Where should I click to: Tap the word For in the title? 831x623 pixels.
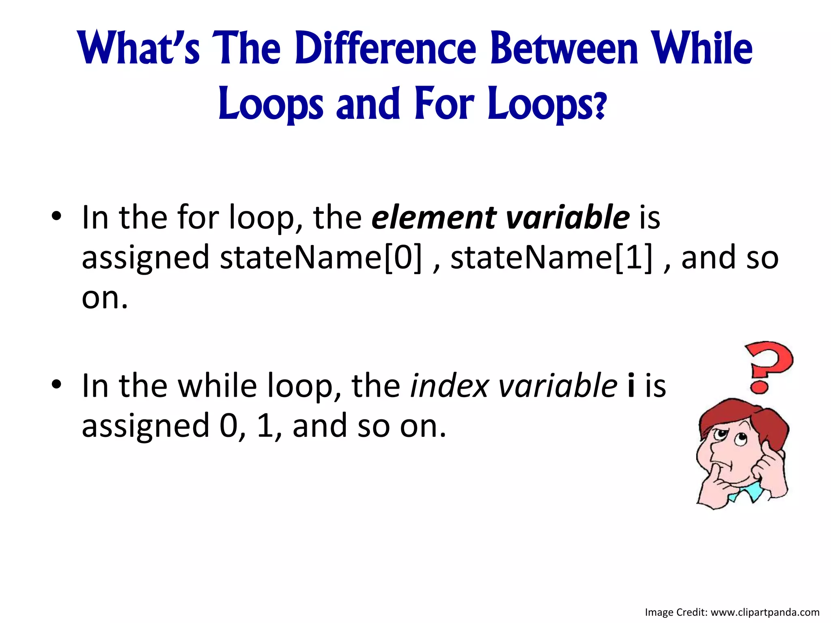[x=444, y=104]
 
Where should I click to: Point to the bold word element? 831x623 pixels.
[x=434, y=218]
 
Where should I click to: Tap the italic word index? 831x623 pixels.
[x=449, y=386]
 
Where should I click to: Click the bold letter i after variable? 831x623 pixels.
[x=631, y=386]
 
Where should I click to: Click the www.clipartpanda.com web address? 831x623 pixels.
[x=765, y=612]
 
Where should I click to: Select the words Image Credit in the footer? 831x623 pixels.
[x=676, y=612]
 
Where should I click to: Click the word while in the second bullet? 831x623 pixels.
[x=217, y=386]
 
